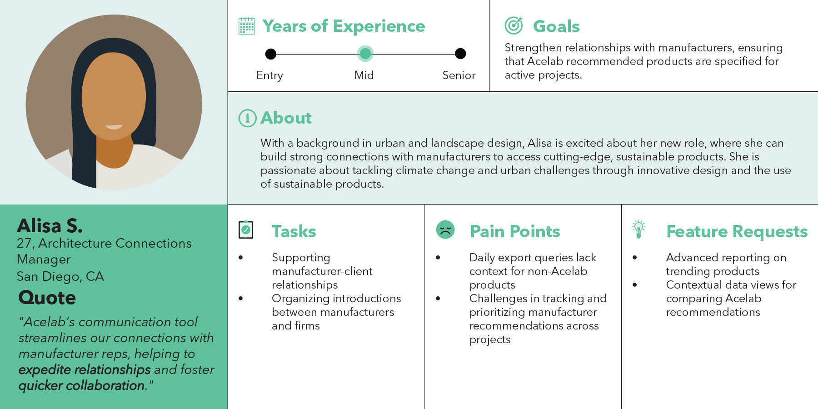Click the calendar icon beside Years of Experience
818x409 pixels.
pos(247,26)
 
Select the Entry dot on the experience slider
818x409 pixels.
pos(271,54)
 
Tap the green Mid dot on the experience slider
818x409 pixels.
pos(365,54)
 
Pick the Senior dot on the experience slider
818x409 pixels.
pos(460,54)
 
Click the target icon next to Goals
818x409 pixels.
pos(514,25)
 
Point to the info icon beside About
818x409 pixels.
pos(248,118)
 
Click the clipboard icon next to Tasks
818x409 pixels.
pos(246,229)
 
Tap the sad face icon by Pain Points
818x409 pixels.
pos(445,229)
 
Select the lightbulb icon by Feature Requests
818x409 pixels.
pos(638,229)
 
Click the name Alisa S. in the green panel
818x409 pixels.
pos(50,226)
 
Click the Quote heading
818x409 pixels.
pos(47,298)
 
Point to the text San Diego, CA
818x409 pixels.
pos(60,276)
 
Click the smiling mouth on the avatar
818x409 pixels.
pos(114,127)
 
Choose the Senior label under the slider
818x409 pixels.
pos(459,75)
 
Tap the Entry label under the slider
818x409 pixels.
pos(269,76)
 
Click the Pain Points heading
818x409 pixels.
pos(515,231)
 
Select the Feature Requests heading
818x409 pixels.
pos(737,232)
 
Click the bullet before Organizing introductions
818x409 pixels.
pos(241,299)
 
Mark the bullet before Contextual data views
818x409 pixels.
pos(635,285)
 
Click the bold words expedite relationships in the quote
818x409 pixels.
pos(85,370)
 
